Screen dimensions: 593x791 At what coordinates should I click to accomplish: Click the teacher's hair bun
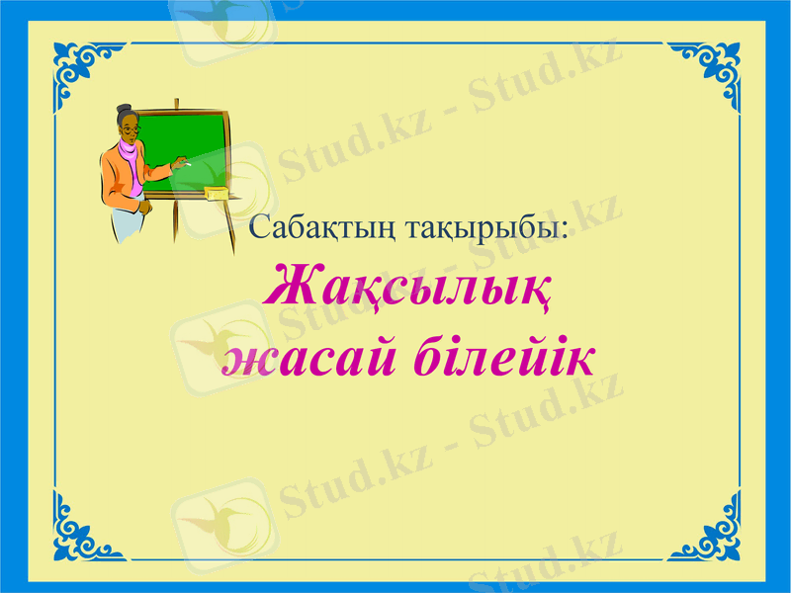pos(124,109)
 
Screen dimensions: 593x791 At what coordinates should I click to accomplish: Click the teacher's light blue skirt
pos(127,224)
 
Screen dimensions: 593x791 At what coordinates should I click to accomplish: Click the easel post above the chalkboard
pos(177,104)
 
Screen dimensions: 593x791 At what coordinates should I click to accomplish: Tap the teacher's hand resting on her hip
pos(144,209)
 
